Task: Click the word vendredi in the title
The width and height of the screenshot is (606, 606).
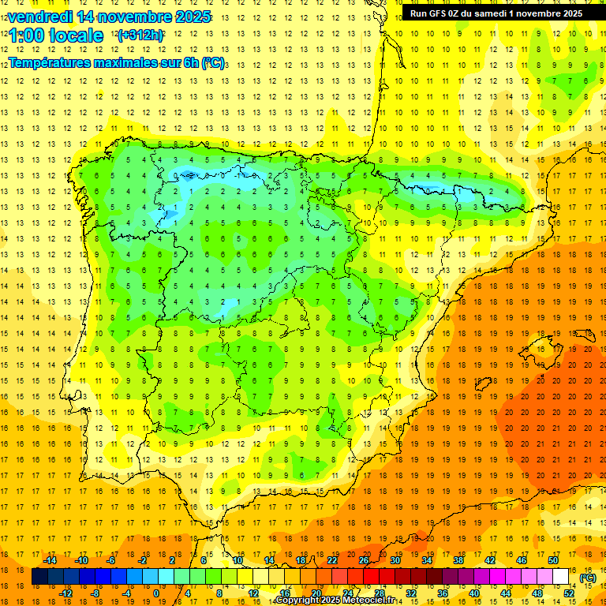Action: pos(42,17)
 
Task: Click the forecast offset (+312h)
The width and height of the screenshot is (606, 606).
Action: pos(140,36)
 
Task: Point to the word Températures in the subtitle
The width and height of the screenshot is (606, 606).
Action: pos(53,62)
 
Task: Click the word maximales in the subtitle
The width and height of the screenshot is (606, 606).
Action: pos(129,62)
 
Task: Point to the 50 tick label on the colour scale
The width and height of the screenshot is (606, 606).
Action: pos(553,560)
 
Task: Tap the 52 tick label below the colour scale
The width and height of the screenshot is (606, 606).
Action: pos(569,593)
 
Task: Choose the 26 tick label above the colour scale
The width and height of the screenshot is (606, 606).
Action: pos(364,560)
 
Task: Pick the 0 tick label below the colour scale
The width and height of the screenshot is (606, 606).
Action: pos(156,593)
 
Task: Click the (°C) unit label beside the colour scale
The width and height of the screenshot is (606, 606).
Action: pos(588,578)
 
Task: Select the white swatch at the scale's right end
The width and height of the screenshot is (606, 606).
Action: pos(561,577)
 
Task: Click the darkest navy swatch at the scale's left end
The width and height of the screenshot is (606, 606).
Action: pos(39,577)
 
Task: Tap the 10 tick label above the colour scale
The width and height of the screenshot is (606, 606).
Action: pos(238,560)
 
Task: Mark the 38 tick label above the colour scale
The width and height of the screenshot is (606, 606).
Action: pos(458,560)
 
